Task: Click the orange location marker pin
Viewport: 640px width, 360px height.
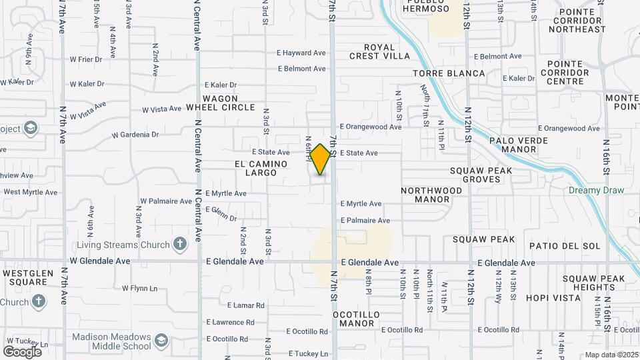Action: coord(321,159)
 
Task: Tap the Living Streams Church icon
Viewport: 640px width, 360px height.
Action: coord(179,244)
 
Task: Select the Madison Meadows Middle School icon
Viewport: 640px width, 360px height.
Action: coord(161,341)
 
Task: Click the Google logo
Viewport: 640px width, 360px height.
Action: coord(22,351)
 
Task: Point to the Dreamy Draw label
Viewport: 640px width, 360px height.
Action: coord(596,190)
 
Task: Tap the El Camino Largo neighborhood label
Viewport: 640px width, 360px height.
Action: coord(261,168)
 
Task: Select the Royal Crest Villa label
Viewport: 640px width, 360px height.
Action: coord(379,52)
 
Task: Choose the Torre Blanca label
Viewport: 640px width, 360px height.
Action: coord(449,73)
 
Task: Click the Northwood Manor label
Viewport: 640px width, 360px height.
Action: coord(431,195)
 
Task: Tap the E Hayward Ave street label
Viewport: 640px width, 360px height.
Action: coord(301,53)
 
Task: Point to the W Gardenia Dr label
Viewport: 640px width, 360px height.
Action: coord(135,135)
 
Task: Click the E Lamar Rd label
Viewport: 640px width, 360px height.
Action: coord(245,305)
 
